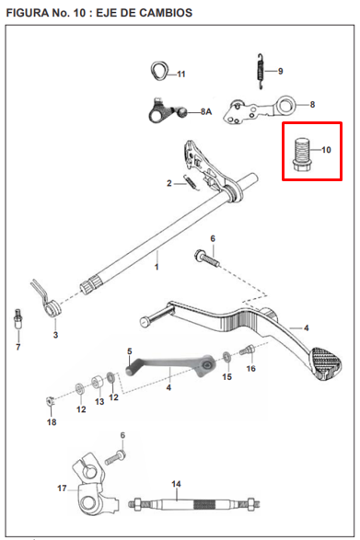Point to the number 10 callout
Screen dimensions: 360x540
click(326, 148)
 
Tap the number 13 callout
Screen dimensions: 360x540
click(99, 401)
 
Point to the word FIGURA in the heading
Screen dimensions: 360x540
click(30, 10)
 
